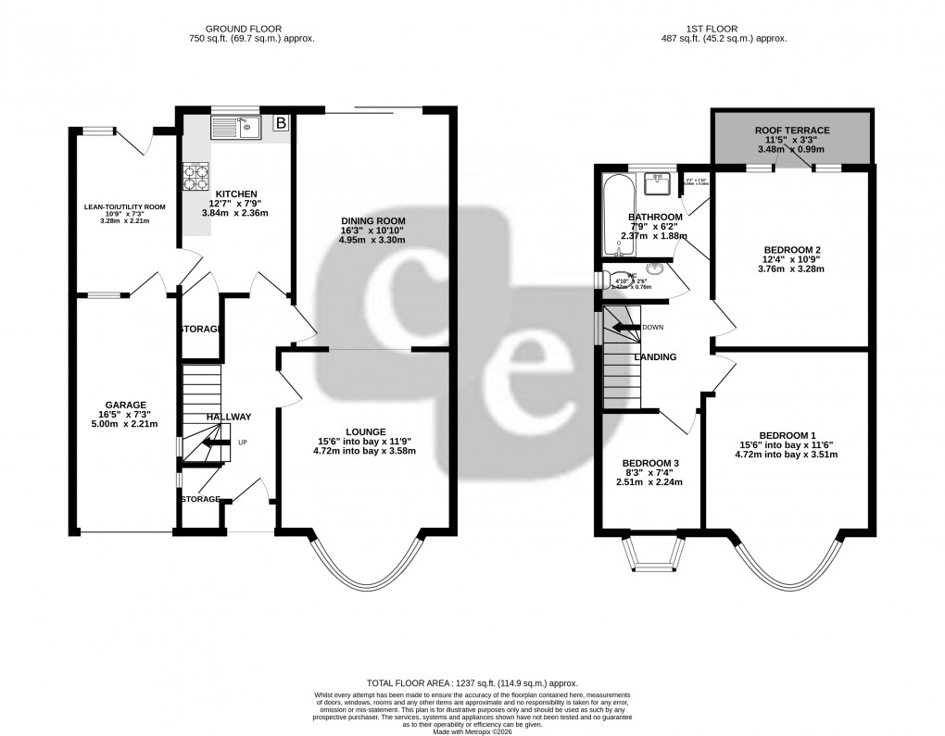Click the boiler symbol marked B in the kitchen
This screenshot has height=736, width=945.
[281, 123]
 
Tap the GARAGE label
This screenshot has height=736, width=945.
[126, 405]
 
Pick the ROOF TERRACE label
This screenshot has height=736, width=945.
[791, 131]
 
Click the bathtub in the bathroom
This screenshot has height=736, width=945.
[615, 216]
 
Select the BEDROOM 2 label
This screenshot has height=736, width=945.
[792, 250]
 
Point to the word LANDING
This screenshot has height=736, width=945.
[655, 357]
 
